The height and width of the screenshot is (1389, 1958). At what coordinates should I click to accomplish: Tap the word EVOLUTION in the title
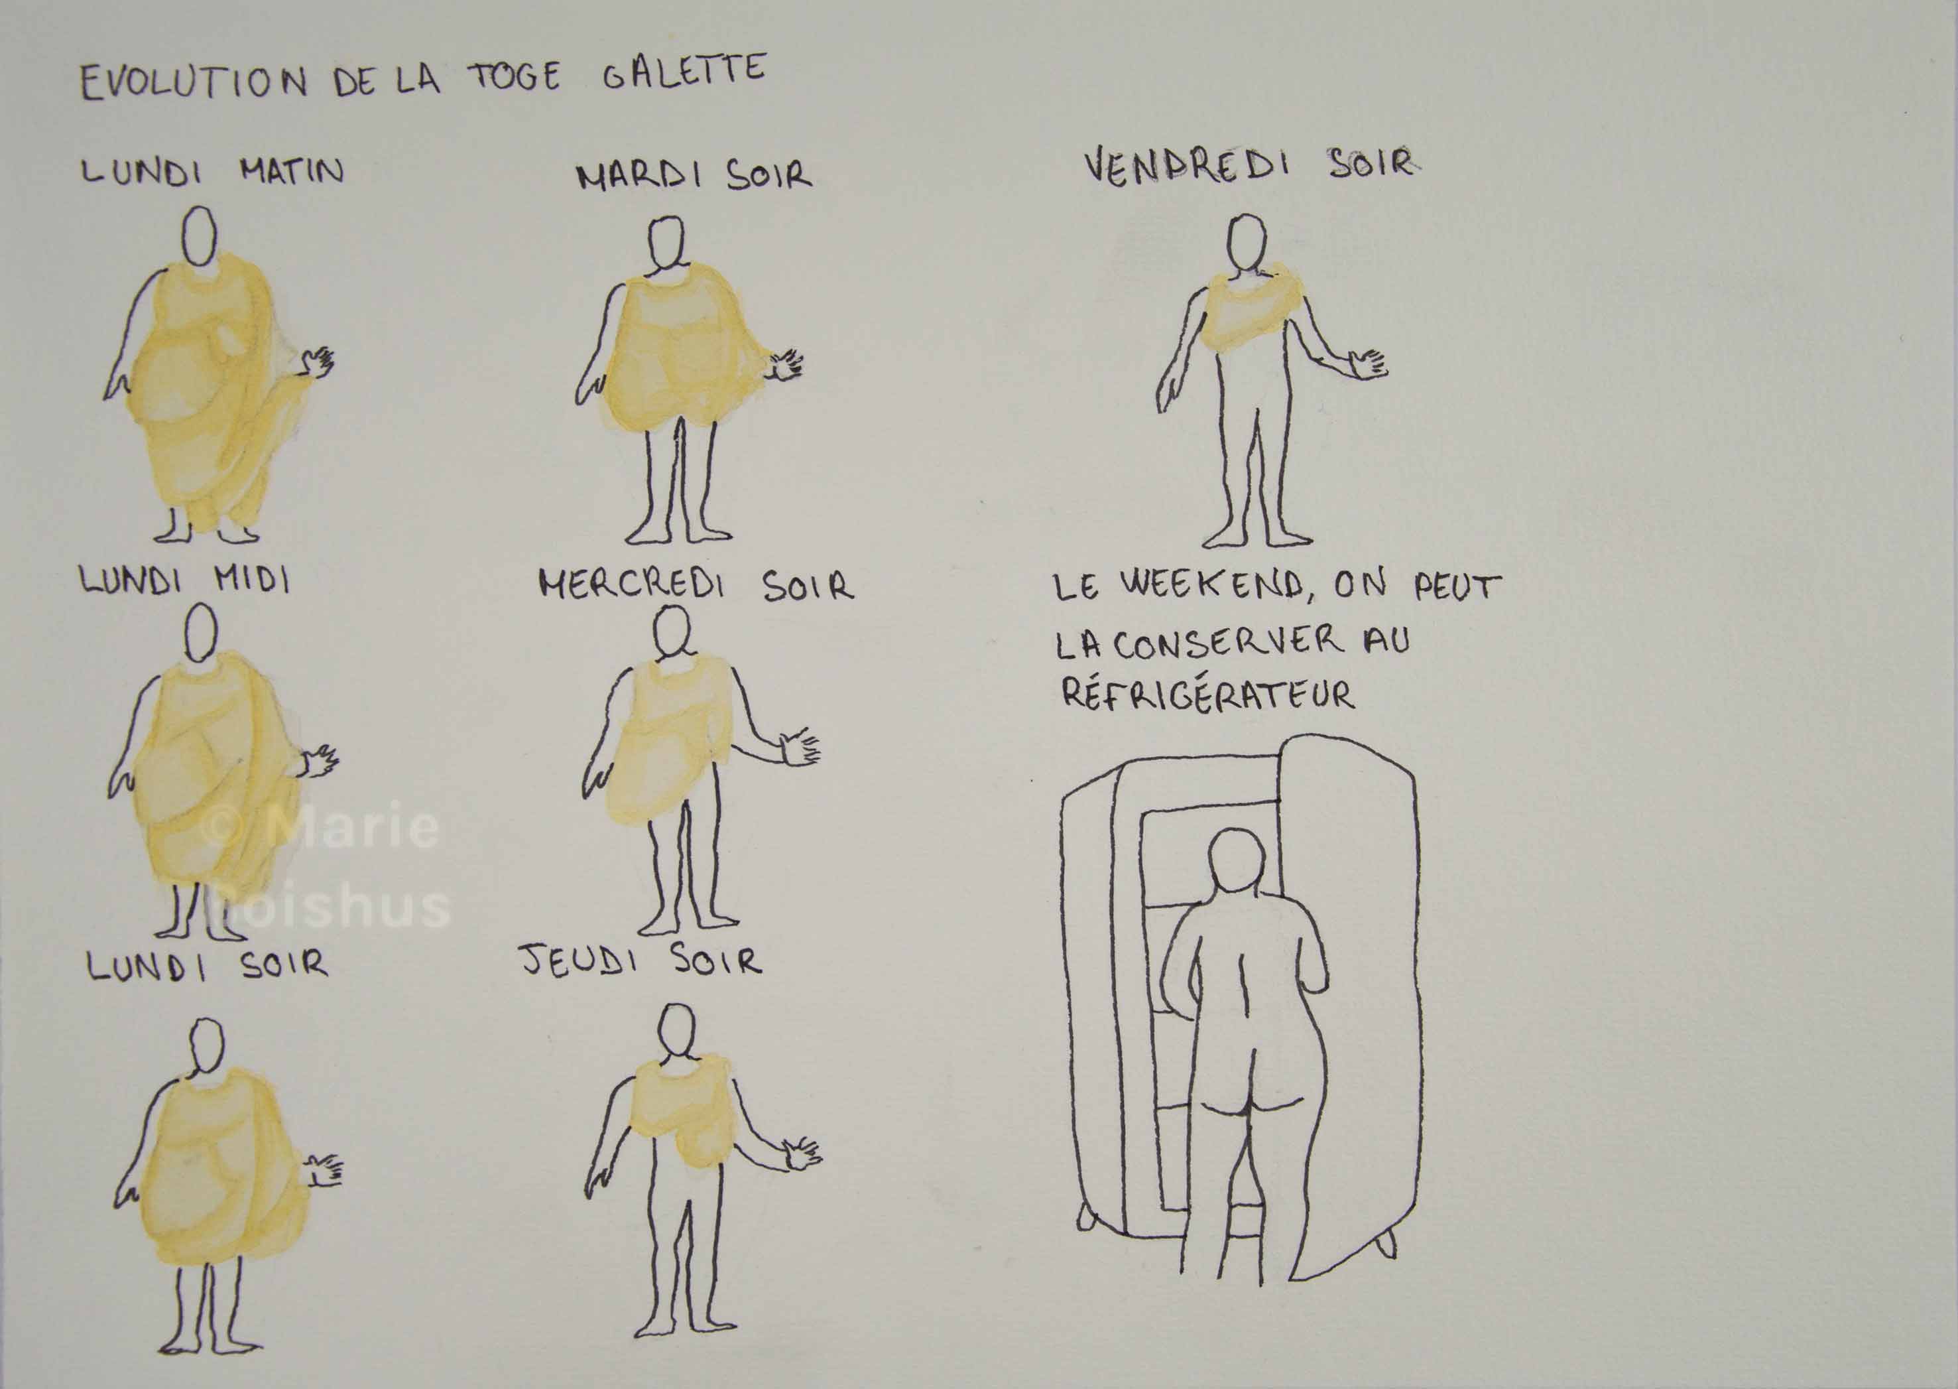click(193, 84)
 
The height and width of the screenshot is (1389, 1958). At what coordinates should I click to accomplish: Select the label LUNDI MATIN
click(213, 170)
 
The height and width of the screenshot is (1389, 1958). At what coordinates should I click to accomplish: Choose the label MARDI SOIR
click(694, 175)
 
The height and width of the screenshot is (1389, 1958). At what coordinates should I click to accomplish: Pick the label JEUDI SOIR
click(641, 961)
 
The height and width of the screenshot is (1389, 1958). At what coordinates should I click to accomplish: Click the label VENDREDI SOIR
click(1249, 165)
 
